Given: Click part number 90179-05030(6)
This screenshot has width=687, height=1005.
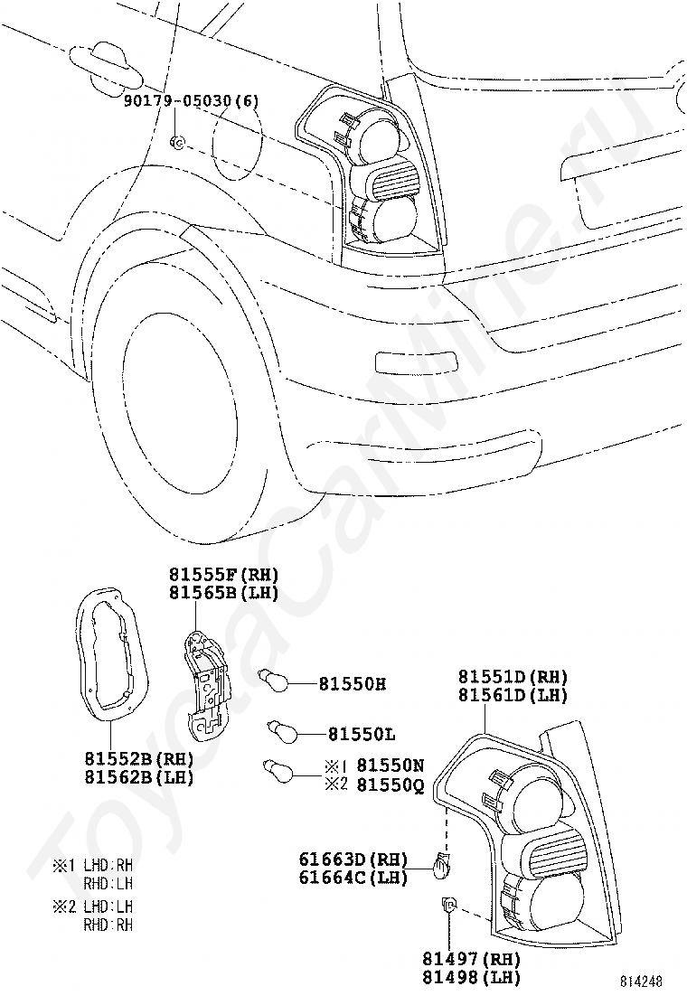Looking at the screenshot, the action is pos(192,101).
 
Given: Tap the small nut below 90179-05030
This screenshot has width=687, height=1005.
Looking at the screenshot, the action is pos(177,142).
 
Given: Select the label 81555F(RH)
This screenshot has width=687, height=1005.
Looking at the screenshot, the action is pos(223,575).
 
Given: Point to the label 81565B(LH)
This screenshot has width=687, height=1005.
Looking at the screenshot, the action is pos(223,594).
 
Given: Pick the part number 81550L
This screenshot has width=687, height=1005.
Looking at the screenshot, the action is pos(362,735).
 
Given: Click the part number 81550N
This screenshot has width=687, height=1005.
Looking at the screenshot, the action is pos(391,765).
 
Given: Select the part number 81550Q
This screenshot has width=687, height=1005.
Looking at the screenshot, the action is pos(391,785).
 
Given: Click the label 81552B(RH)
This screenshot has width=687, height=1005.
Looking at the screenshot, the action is pos(139,759).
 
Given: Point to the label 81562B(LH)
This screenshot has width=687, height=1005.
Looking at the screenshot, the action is pos(139,778).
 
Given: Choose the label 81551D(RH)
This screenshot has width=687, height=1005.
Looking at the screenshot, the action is pos(513,677).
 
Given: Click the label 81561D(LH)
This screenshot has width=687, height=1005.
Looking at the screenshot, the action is pos(513,695).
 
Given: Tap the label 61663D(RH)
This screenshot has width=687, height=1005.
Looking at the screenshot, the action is pos(353,859).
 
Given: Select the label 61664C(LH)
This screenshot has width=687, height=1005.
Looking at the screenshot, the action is pos(353,878).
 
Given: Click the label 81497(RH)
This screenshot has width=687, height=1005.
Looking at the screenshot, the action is pos(471,960).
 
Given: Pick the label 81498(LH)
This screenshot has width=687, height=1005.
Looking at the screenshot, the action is pos(471,978).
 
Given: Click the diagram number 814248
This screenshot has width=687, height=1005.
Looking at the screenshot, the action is pos(641,982).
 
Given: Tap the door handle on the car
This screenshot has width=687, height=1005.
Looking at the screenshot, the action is pos(106,66).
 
